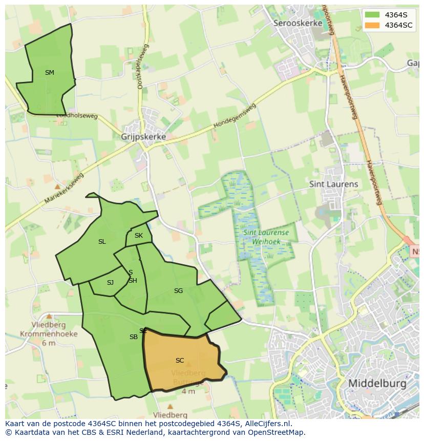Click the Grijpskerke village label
(143, 137)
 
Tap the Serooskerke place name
(298, 23)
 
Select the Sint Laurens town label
(333, 184)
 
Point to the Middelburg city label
(377, 383)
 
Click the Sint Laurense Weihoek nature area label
(266, 236)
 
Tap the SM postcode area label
(49, 73)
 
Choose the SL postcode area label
(102, 242)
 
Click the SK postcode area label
(139, 236)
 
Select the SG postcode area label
(178, 291)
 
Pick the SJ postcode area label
(110, 283)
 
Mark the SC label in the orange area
(179, 361)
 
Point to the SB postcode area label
(133, 337)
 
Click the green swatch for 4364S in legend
(372, 15)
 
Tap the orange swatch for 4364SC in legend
(372, 25)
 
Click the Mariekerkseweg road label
(63, 188)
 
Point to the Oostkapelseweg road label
(142, 67)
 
